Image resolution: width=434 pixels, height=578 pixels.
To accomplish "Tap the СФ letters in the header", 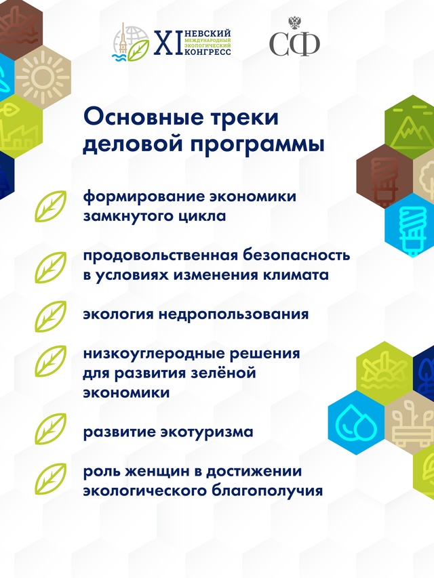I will tap(294, 45).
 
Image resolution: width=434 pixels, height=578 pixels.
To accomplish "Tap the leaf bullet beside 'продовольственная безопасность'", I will tap(51, 266).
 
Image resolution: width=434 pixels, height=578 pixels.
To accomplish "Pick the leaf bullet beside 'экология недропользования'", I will tap(51, 315).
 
